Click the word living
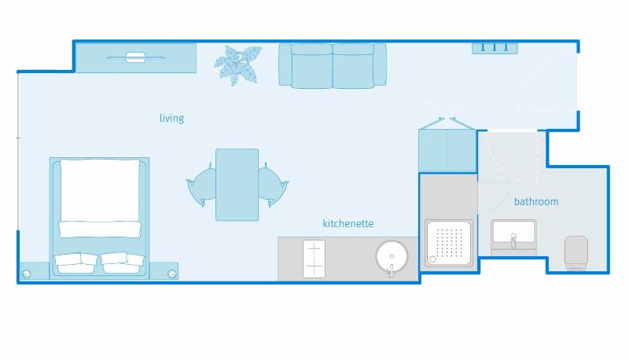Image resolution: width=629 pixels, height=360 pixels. coord(171,118)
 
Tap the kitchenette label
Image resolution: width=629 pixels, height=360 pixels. coord(348,223)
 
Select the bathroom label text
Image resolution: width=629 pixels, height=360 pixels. coord(536,201)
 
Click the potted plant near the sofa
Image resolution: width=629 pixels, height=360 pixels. coord(237,65)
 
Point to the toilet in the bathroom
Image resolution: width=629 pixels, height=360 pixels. coord(576,253)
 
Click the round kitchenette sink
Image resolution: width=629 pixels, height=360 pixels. coord(392,256)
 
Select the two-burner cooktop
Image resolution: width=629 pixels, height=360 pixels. coord(314,259)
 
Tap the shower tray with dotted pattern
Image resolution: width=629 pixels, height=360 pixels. coord(449,244)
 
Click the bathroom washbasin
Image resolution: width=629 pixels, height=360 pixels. coord(513,237)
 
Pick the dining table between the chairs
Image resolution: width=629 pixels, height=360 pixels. coord(237,185)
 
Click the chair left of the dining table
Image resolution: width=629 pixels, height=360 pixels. coord(202,186)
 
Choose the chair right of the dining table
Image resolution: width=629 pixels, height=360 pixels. coord(273,185)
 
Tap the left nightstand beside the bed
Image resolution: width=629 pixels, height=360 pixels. coord(35,271)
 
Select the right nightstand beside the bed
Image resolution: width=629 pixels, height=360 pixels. coord(164,271)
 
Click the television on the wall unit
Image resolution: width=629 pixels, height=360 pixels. coord(135,57)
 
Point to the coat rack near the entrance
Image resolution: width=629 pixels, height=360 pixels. coord(495,48)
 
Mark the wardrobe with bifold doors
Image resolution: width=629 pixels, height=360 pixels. coord(447,150)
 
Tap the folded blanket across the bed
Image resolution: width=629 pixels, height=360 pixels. coord(100,230)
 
